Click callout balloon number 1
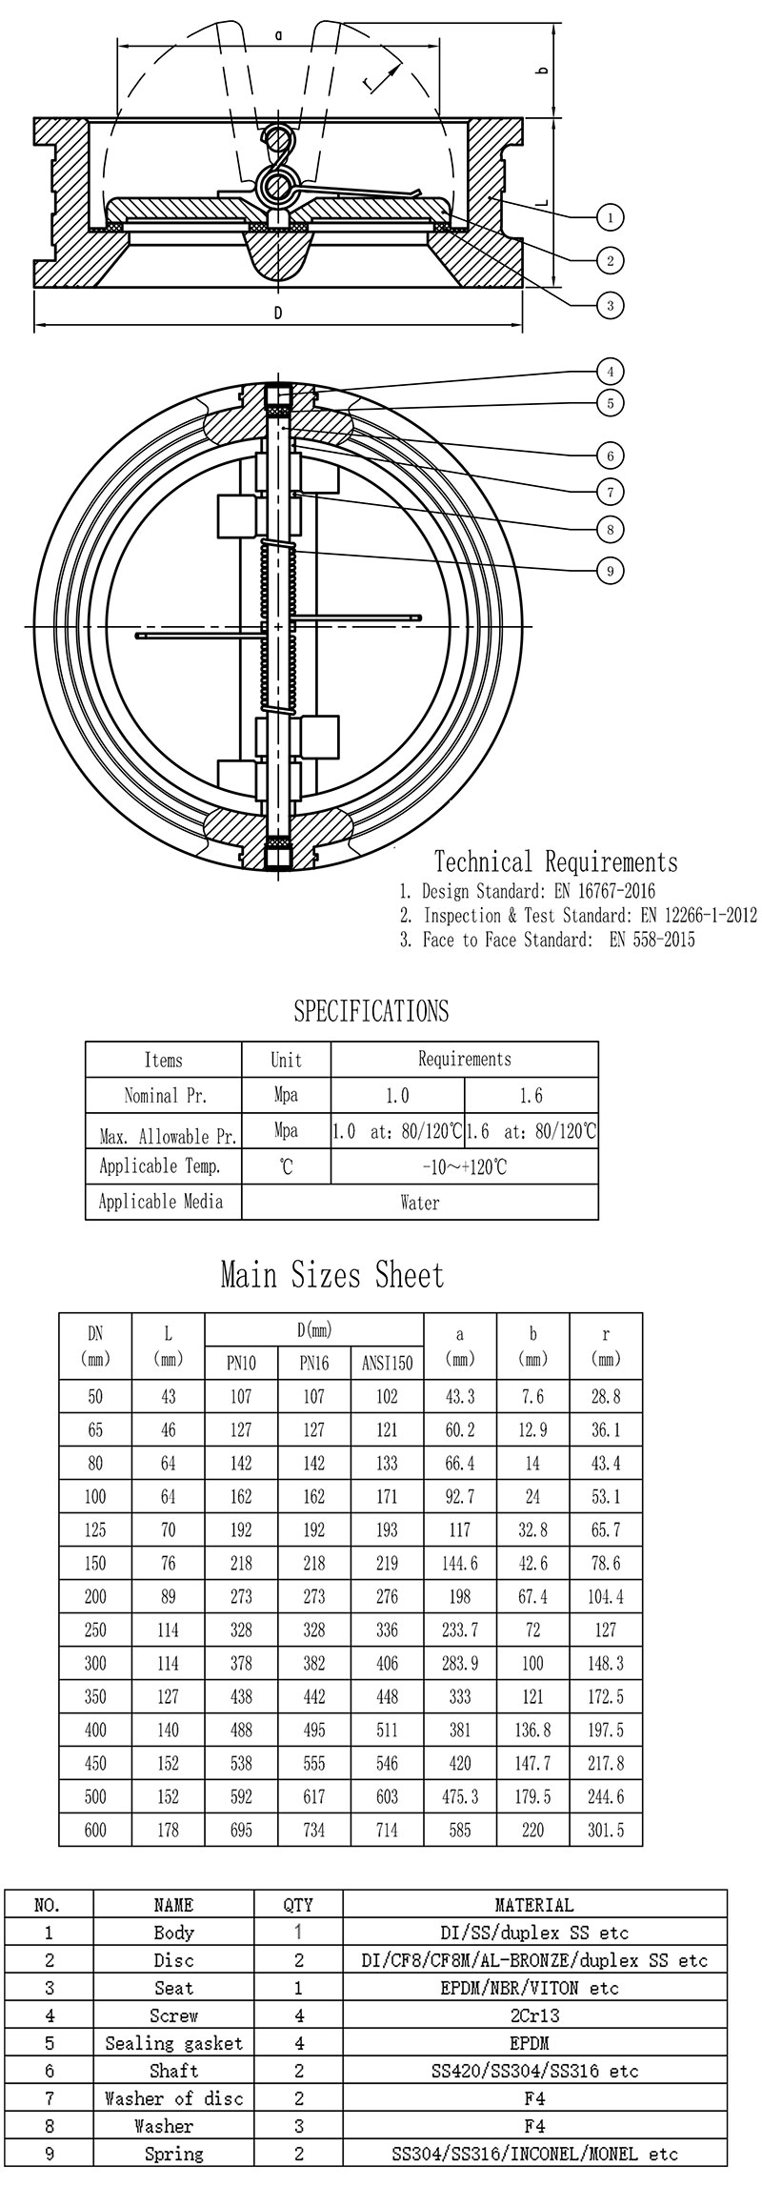[610, 217]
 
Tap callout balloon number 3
[610, 305]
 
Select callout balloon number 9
[610, 571]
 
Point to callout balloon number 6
[610, 456]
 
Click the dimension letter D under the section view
[278, 313]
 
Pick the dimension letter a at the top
[278, 35]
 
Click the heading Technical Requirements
[556, 862]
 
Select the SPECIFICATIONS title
[371, 1011]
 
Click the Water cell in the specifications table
[420, 1203]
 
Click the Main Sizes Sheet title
[332, 1275]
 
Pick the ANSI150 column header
[387, 1364]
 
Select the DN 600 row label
[95, 1830]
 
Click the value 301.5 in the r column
[606, 1830]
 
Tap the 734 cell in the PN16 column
[314, 1830]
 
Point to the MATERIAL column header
[534, 1905]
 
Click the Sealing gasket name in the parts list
[174, 2043]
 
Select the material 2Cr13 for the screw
[534, 2015]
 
